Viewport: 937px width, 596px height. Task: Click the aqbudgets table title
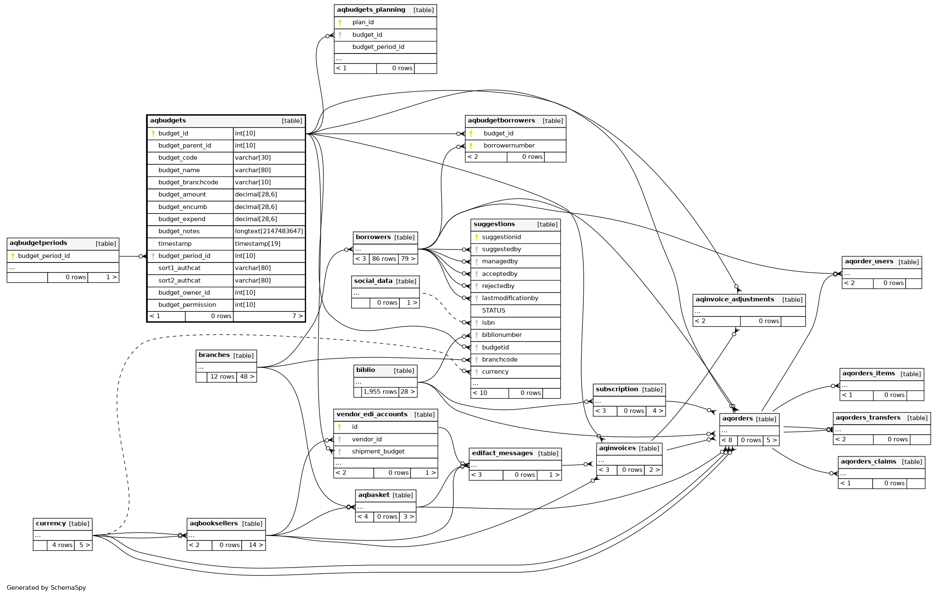(168, 121)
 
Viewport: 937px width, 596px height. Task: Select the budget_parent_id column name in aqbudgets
(184, 145)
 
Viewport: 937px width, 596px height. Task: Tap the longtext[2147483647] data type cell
(269, 231)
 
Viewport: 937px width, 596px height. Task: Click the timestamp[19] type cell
(258, 244)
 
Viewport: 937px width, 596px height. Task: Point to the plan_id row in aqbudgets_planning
(363, 23)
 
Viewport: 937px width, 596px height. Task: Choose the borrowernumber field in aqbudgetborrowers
(509, 145)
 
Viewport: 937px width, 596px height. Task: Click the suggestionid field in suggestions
(501, 237)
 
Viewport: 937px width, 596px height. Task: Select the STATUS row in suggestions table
(493, 311)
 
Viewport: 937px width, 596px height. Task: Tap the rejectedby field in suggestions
(498, 286)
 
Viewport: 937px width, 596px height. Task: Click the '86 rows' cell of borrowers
(384, 259)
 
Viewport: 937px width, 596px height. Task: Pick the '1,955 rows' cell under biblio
(380, 392)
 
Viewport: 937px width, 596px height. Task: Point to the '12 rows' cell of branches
(222, 377)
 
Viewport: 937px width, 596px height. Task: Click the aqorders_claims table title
(868, 462)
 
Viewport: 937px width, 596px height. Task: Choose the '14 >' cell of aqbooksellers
(255, 545)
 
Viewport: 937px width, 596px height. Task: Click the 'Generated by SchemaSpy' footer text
(46, 588)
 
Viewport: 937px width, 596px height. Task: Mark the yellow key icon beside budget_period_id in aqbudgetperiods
(13, 256)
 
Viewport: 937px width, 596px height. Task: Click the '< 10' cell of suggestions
(480, 393)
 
